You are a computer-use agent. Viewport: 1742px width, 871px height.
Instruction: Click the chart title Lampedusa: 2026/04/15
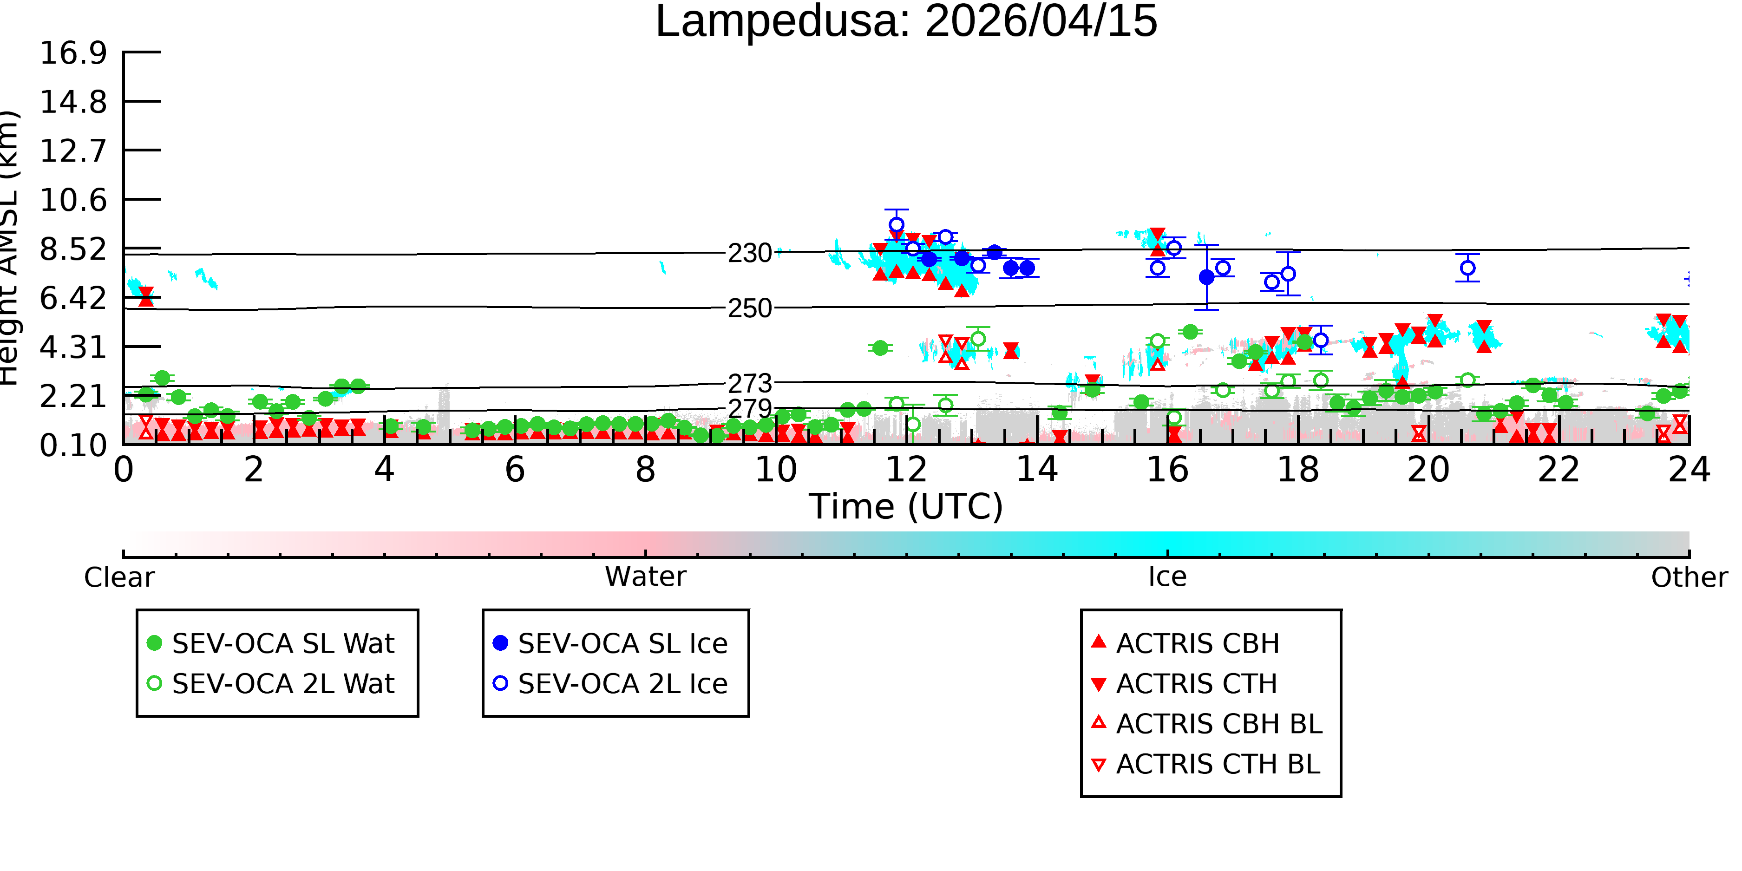(x=906, y=22)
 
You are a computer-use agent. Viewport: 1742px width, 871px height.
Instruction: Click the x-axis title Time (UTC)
(x=906, y=506)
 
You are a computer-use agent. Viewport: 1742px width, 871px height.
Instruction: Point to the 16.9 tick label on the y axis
(x=73, y=53)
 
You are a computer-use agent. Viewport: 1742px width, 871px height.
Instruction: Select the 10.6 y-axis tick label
(x=73, y=200)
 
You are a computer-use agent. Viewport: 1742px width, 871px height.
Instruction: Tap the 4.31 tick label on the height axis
(x=73, y=347)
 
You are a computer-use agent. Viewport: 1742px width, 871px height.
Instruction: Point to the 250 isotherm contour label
(x=750, y=309)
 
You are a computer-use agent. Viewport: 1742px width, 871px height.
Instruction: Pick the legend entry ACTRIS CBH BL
(x=1207, y=724)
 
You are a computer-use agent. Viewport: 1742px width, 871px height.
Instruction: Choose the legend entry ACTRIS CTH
(x=1184, y=684)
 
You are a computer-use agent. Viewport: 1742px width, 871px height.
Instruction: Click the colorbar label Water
(x=646, y=577)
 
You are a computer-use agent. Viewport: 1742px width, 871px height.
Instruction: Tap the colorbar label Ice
(x=1167, y=577)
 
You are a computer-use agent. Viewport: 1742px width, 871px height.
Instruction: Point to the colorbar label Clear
(x=119, y=577)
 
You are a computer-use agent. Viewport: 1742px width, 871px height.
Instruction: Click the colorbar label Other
(x=1689, y=577)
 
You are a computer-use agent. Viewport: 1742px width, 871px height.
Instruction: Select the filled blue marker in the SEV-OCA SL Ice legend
(x=500, y=643)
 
